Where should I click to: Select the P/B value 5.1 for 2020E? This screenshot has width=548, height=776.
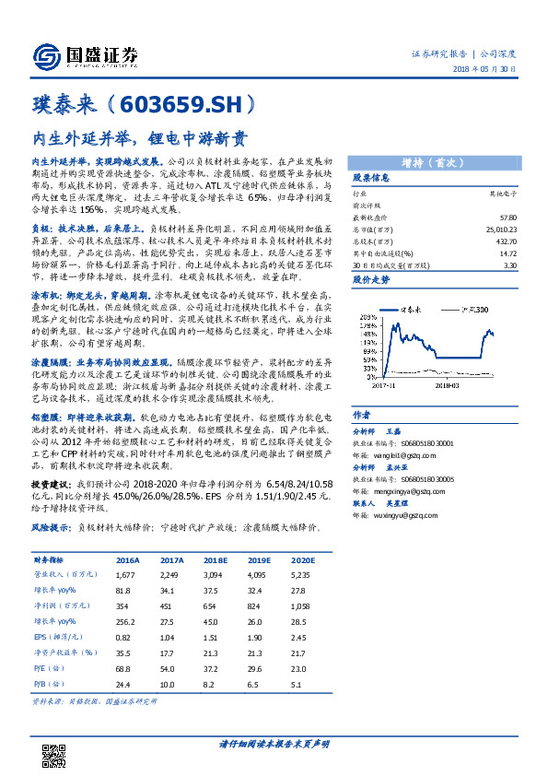click(296, 684)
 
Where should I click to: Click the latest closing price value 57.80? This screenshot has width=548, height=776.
click(509, 214)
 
